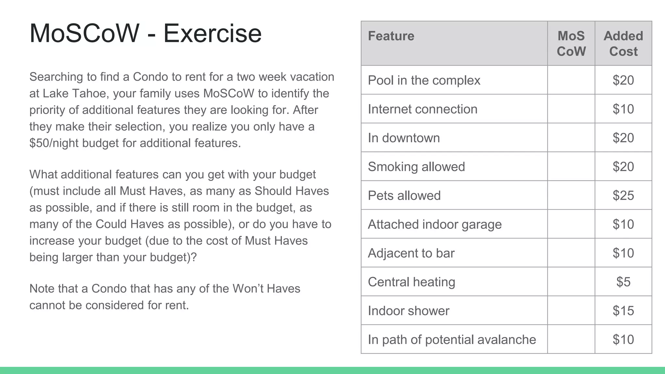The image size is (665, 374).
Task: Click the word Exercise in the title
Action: click(212, 33)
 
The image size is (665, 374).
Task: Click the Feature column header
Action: click(391, 36)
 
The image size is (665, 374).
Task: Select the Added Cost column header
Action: click(623, 44)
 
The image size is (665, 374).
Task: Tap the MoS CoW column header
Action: click(571, 44)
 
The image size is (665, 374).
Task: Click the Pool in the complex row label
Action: click(424, 80)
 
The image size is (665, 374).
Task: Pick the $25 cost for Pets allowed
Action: click(623, 195)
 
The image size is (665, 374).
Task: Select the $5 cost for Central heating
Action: click(623, 282)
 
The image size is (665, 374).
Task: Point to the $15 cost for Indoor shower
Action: click(623, 311)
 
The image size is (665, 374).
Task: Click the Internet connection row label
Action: click(422, 109)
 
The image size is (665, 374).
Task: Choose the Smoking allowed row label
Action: click(416, 167)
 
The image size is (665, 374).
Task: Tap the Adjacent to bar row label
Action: click(411, 253)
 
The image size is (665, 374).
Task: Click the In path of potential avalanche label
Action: click(452, 340)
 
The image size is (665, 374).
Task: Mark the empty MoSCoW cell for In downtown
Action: click(571, 138)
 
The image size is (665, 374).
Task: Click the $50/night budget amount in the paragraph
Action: click(54, 143)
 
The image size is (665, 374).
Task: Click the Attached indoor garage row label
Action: click(434, 224)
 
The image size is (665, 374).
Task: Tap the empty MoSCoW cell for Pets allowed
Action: click(571, 195)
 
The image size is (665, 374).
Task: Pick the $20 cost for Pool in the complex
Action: click(623, 80)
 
